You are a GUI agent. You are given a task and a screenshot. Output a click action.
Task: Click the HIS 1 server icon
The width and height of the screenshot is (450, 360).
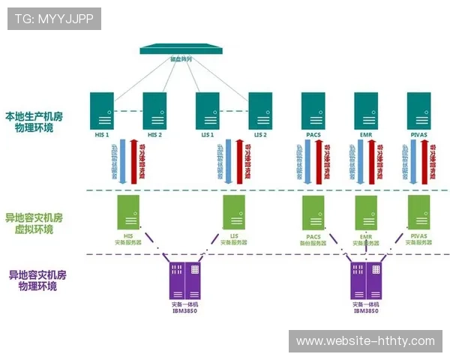click(101, 110)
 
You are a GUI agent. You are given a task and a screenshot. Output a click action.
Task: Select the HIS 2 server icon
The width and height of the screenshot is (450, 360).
click(154, 110)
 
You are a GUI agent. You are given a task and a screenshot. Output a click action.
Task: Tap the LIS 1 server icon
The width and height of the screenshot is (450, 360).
click(207, 110)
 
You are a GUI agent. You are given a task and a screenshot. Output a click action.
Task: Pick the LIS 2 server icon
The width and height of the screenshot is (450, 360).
click(260, 110)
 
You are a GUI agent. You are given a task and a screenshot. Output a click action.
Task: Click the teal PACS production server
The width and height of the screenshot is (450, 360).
click(313, 110)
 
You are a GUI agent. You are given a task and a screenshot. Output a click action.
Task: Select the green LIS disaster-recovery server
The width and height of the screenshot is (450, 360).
click(234, 212)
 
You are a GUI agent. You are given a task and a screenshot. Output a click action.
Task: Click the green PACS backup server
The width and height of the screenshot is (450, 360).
click(313, 212)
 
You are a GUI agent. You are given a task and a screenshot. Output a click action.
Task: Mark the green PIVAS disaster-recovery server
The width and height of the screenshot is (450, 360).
click(418, 212)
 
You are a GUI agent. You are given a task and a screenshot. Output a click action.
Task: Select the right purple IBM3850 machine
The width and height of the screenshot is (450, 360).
click(365, 280)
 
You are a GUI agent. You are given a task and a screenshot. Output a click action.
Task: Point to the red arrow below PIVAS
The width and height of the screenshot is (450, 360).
click(433, 161)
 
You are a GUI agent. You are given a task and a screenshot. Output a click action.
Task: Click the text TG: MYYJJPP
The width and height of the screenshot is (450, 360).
click(54, 19)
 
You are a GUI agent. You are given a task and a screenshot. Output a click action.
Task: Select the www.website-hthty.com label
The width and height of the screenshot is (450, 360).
click(365, 341)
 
